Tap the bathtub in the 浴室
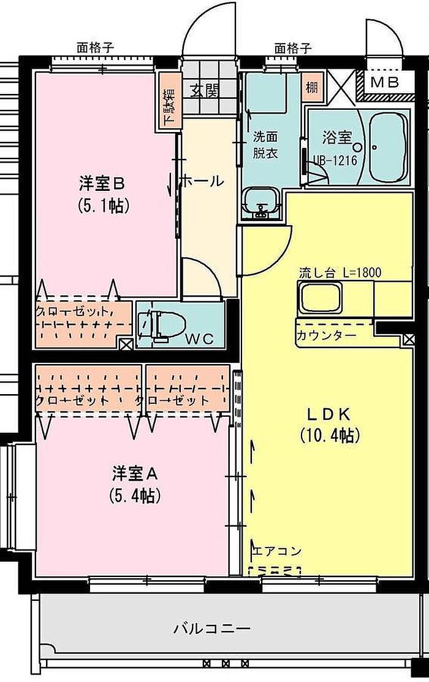click(x=389, y=147)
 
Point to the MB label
click(x=384, y=82)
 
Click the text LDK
click(x=329, y=414)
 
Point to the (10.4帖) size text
click(x=330, y=435)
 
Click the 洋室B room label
click(x=102, y=184)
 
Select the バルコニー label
click(x=213, y=629)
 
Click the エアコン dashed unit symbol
click(x=275, y=570)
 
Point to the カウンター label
click(x=327, y=335)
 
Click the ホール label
click(x=201, y=180)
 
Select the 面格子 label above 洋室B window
click(x=96, y=47)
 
